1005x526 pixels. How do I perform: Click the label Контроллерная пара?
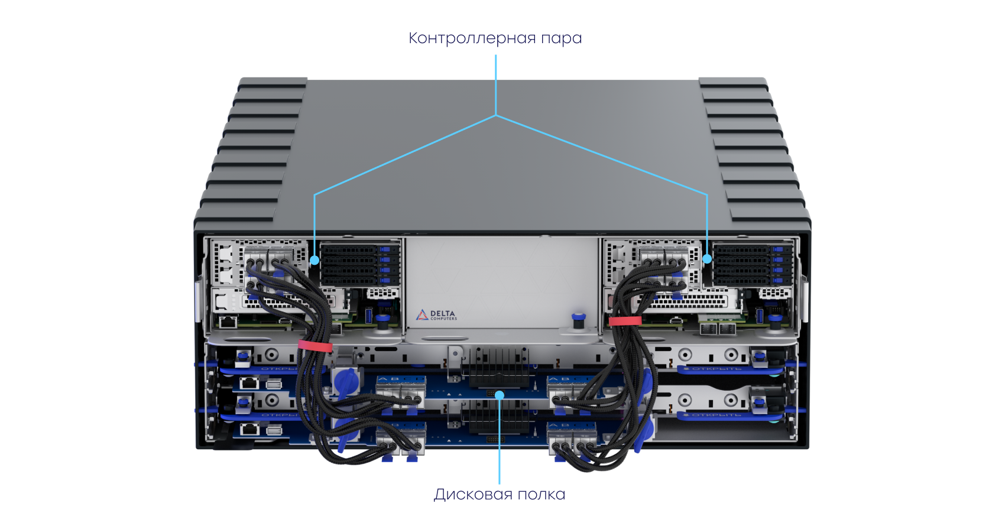click(495, 38)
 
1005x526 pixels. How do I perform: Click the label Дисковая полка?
click(500, 494)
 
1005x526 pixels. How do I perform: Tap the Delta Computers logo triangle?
click(422, 315)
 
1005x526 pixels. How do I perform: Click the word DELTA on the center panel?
click(443, 313)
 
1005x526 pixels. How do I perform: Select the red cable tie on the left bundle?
click(315, 346)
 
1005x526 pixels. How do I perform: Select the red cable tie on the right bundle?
click(625, 321)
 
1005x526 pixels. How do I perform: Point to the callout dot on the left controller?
click(315, 259)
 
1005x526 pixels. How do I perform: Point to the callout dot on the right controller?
click(707, 258)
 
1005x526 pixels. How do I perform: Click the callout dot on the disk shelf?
click(500, 394)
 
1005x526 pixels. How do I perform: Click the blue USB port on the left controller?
click(371, 316)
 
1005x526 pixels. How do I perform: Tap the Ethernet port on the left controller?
click(228, 322)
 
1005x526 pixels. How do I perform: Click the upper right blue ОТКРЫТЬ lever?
click(717, 369)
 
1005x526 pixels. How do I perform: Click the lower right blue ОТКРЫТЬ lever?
click(717, 415)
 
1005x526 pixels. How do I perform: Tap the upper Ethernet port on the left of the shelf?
click(250, 384)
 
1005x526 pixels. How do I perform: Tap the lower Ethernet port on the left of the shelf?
click(250, 430)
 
